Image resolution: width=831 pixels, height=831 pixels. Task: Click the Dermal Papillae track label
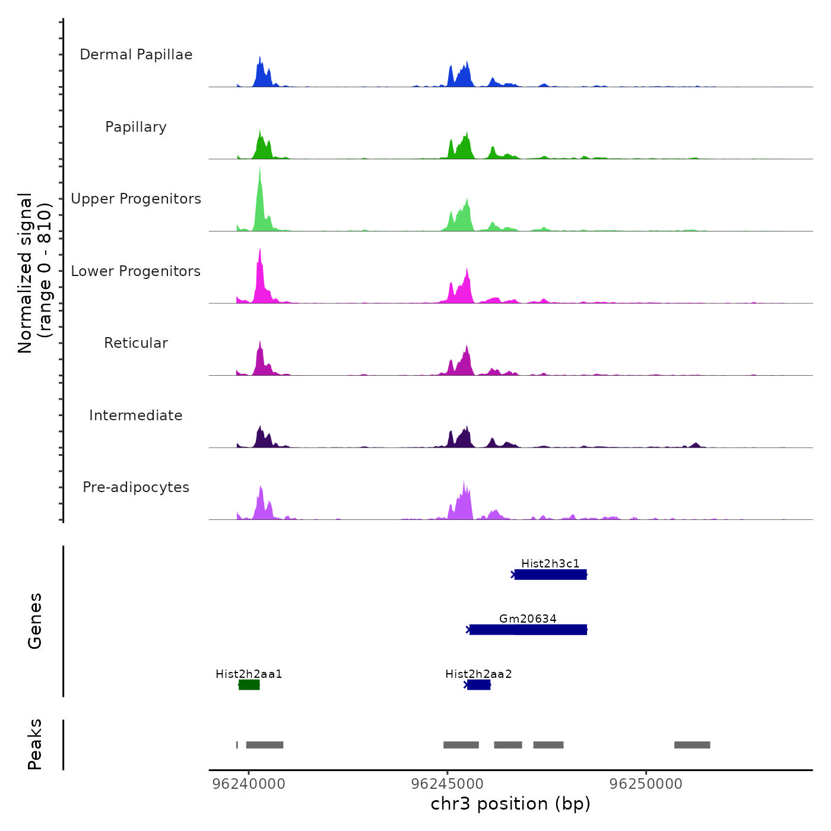[136, 55]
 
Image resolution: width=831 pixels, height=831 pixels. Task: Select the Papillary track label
[136, 127]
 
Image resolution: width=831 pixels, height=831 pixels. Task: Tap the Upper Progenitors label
[136, 199]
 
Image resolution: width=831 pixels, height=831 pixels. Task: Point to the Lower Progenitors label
[136, 271]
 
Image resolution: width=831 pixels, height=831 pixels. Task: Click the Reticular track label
[136, 343]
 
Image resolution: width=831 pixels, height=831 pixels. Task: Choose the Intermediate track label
[136, 415]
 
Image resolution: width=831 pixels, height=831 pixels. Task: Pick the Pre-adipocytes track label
[136, 487]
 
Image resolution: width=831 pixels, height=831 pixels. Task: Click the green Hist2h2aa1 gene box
[249, 685]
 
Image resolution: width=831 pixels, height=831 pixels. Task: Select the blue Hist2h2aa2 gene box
[478, 685]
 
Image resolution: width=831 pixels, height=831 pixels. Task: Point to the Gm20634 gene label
[528, 619]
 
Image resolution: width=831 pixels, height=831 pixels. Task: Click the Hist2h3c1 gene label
[550, 563]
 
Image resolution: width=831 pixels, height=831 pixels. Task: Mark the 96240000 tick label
[249, 784]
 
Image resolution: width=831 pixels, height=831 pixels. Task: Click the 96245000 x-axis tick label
[448, 784]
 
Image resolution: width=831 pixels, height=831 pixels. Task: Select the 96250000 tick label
[646, 784]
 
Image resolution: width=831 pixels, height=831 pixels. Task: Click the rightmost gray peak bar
[692, 745]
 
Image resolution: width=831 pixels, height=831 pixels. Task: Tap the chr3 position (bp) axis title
[510, 804]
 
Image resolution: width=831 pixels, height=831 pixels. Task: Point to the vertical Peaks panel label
[35, 744]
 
